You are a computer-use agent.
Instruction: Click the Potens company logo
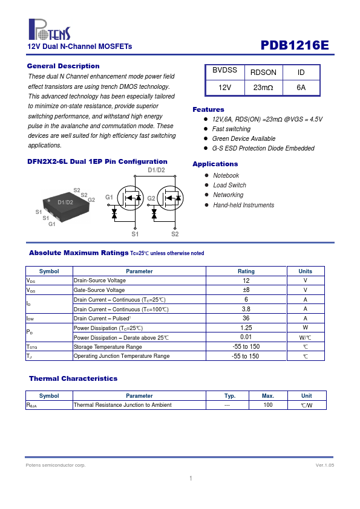(x=50, y=30)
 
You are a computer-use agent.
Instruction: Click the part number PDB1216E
(x=295, y=45)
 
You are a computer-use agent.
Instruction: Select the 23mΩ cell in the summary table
(x=263, y=88)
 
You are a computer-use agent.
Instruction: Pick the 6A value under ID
(x=301, y=88)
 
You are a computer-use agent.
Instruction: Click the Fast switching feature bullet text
(x=231, y=129)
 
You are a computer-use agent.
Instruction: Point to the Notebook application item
(x=226, y=176)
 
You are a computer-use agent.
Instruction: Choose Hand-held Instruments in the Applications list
(x=244, y=205)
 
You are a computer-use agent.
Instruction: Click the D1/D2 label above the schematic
(x=156, y=170)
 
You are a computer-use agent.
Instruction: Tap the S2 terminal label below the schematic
(x=175, y=234)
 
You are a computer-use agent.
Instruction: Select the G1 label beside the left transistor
(x=109, y=197)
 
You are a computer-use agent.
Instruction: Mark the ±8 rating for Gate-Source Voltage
(x=246, y=290)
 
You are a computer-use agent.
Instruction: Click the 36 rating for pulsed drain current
(x=246, y=319)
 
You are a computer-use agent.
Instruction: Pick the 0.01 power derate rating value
(x=246, y=337)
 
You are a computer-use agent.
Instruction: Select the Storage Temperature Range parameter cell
(x=108, y=347)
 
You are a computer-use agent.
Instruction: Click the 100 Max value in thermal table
(x=268, y=405)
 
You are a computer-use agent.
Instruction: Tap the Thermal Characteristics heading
(x=73, y=378)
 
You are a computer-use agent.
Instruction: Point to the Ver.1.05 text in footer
(x=324, y=465)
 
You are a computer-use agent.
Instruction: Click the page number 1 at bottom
(x=191, y=478)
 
